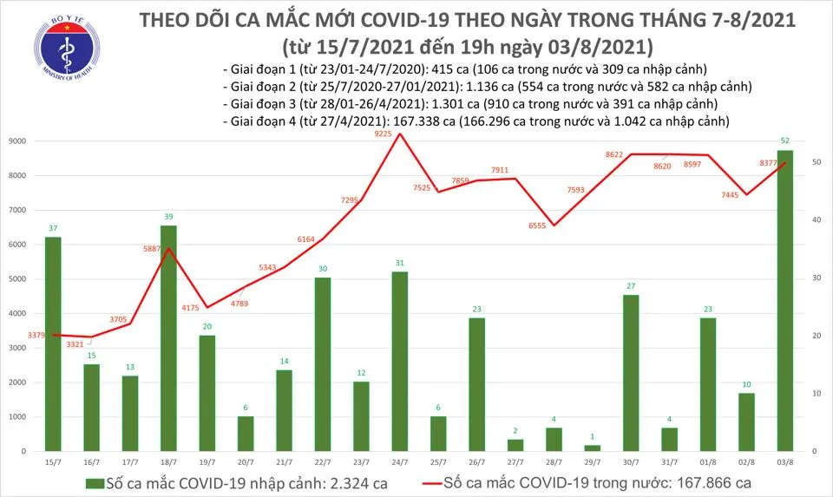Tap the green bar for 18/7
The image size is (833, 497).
point(168,338)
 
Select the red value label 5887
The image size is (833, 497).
point(156,246)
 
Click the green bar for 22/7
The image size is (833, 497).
point(322,364)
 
